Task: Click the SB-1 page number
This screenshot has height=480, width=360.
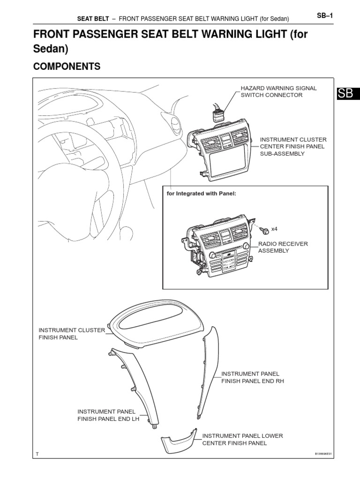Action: (x=325, y=16)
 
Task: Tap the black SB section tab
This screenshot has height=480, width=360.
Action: (x=346, y=93)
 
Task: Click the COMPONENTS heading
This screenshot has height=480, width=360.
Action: (x=67, y=67)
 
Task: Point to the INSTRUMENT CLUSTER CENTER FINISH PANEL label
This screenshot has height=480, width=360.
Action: (x=293, y=147)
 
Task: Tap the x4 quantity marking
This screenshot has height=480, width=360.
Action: (x=275, y=229)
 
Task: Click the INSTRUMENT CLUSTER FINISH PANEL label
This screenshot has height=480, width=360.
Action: (x=71, y=334)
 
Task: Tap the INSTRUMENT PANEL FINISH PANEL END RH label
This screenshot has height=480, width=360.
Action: (x=253, y=377)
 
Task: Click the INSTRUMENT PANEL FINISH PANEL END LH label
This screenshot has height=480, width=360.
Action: (x=108, y=415)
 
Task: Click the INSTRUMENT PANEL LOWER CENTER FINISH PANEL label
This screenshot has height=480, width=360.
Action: (x=242, y=439)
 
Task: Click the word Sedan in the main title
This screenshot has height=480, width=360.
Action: (x=51, y=48)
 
